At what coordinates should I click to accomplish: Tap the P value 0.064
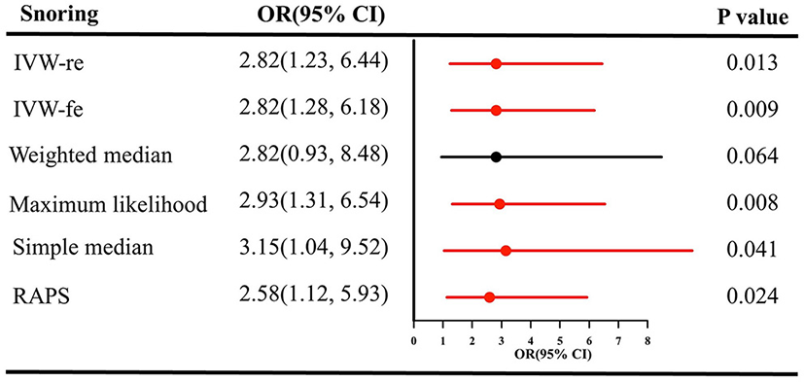752,156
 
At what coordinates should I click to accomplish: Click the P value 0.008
752,203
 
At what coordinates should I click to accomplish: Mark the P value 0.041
752,250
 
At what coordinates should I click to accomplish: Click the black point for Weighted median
496,156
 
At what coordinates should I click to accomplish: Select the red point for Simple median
506,250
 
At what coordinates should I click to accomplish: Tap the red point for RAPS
489,296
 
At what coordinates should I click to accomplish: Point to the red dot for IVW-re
496,63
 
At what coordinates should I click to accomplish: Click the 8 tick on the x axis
647,341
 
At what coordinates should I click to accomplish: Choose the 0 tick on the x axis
414,341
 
